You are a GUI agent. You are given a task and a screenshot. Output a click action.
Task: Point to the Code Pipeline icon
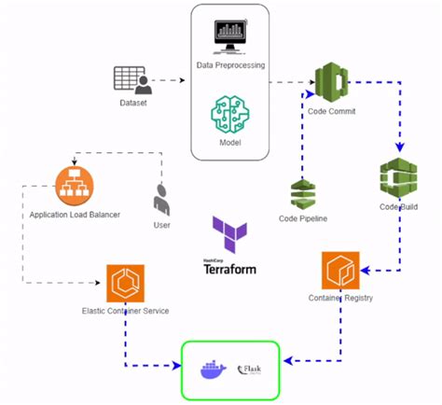coord(302,194)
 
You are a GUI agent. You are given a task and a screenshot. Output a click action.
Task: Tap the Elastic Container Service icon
coord(124,283)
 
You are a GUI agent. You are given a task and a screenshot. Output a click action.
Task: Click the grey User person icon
coord(161,197)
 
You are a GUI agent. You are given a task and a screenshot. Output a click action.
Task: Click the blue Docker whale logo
coord(213,370)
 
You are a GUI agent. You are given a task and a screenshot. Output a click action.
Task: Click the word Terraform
coord(229,269)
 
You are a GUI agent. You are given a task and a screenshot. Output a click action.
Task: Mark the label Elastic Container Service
coord(124,310)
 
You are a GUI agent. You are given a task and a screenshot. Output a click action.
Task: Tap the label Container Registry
coord(340,299)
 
